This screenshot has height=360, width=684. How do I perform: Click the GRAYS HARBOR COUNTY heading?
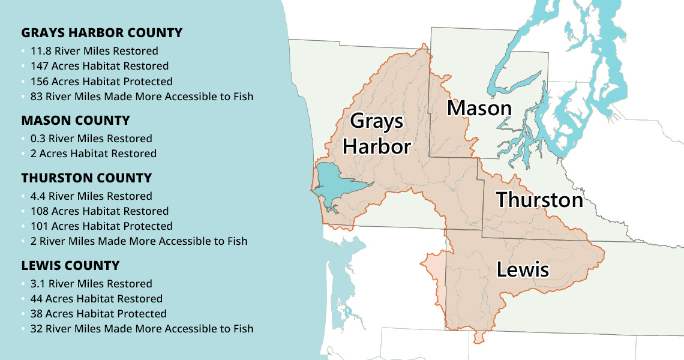101,32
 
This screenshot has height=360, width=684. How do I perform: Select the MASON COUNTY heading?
76,121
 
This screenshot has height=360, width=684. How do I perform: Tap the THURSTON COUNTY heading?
86,178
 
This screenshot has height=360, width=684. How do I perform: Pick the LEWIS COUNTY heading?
70,266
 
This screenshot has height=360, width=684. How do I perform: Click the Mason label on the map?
479,109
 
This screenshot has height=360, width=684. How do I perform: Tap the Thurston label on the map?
539,200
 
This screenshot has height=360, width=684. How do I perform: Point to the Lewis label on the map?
523,269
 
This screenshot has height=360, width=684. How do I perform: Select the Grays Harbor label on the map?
376,134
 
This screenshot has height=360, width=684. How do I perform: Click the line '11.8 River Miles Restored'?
94,51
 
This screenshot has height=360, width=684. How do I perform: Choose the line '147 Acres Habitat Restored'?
100,66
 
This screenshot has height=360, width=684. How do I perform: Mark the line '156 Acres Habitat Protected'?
101,82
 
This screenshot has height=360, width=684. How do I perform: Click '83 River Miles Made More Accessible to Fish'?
142,97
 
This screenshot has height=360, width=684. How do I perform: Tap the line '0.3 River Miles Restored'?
91,139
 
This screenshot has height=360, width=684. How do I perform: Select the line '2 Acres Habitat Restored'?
94,154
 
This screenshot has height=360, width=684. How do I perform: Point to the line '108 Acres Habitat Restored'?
100,211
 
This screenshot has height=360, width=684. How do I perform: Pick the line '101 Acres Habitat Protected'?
101,226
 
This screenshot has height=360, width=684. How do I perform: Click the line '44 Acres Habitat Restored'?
97,299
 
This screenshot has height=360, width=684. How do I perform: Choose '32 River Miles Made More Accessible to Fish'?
142,329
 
